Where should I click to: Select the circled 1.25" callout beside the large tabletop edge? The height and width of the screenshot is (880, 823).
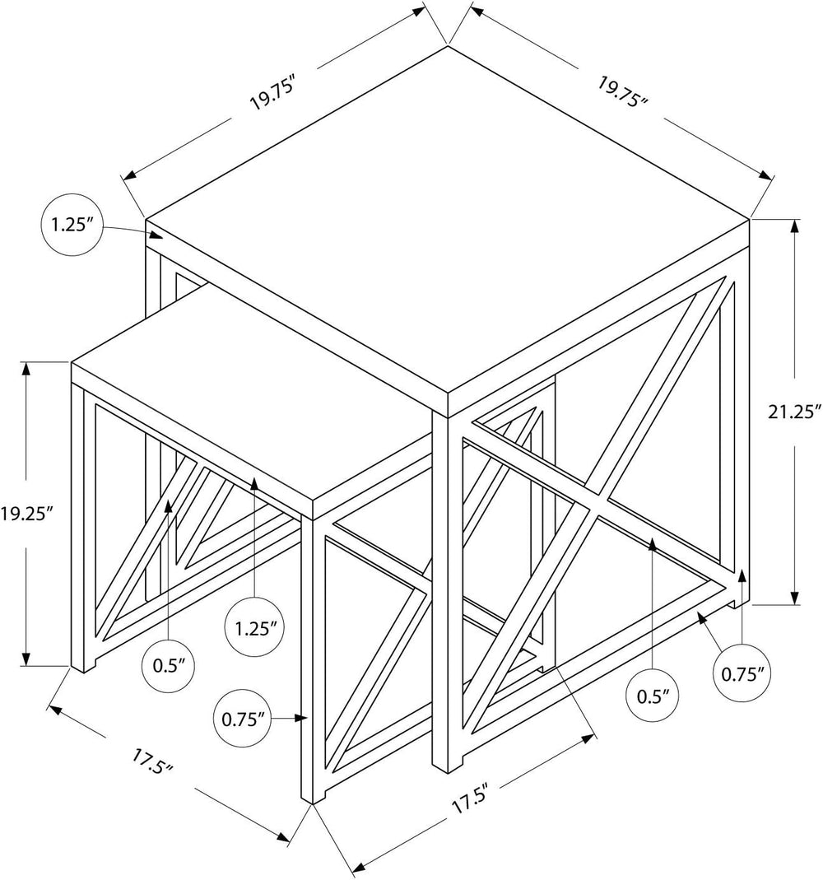[72, 226]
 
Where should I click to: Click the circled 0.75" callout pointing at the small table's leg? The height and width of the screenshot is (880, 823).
[243, 719]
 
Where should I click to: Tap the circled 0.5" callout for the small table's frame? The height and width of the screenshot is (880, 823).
[169, 666]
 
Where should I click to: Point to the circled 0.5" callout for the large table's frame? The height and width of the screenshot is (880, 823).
[653, 696]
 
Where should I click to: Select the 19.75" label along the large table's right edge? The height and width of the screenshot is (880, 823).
[622, 91]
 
